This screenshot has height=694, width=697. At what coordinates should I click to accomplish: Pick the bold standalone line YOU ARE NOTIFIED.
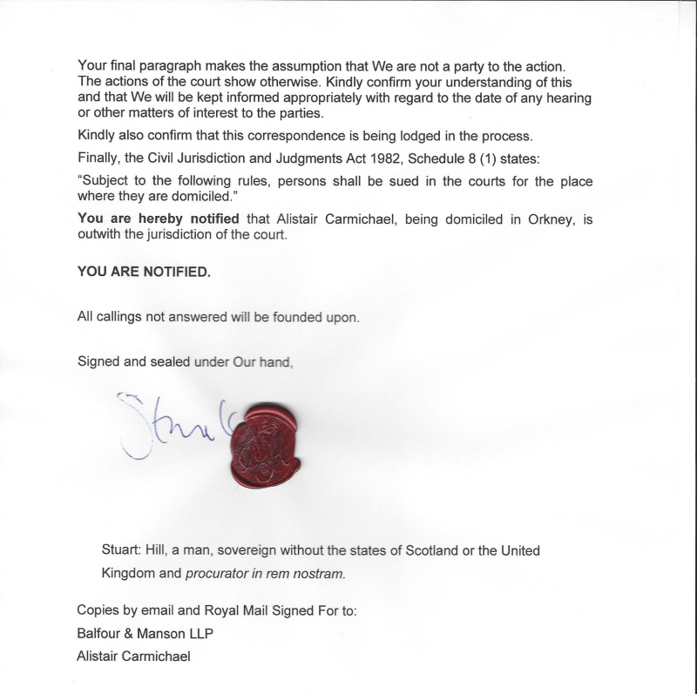[x=144, y=272]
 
